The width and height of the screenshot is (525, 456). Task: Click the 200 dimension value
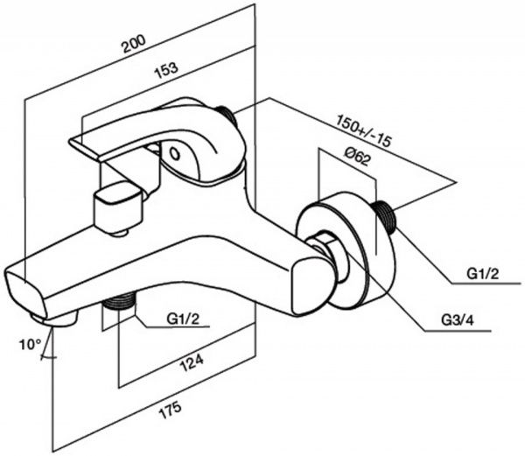click(x=134, y=44)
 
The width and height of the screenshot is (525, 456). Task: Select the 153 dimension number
click(x=165, y=70)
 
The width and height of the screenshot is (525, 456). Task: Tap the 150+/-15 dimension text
click(x=364, y=130)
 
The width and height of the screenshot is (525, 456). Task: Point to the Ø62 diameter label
click(x=357, y=157)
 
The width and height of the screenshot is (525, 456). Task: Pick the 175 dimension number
click(x=170, y=410)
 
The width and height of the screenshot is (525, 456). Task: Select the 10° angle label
click(x=30, y=345)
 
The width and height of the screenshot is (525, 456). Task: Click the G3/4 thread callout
click(x=458, y=320)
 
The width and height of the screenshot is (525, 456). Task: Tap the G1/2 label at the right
click(x=483, y=274)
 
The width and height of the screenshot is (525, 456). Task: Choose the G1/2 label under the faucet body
click(x=183, y=319)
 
